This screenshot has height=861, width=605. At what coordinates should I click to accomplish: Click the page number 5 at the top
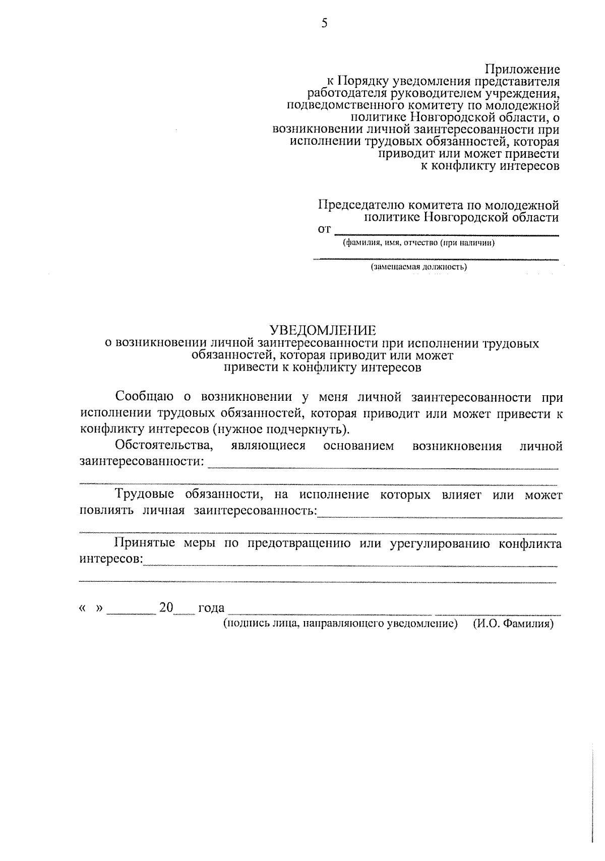tap(324, 23)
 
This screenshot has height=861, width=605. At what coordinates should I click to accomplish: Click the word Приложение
tap(522, 69)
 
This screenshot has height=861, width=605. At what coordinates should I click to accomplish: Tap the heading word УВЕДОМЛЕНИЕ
tap(323, 331)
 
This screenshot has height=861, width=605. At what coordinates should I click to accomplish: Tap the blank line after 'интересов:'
tap(350, 565)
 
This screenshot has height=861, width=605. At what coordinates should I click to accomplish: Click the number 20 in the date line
tap(166, 607)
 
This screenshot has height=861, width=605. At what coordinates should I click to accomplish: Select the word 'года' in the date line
tap(211, 608)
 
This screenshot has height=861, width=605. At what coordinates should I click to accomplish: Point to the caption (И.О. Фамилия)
tap(513, 624)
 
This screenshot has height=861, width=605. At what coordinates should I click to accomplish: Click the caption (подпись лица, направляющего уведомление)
tap(340, 624)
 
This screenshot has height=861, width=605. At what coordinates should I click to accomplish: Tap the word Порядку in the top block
tap(362, 81)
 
